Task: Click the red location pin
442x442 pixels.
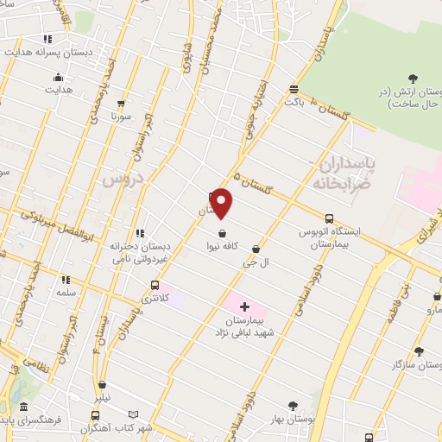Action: point(223,204)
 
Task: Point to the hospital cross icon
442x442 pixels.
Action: point(244,306)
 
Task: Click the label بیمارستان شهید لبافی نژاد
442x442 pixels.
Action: point(244,327)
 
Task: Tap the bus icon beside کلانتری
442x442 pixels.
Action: point(155,285)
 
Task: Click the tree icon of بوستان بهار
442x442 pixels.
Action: point(292,405)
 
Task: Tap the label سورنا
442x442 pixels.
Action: point(120,115)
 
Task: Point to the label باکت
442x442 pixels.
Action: point(294,101)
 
